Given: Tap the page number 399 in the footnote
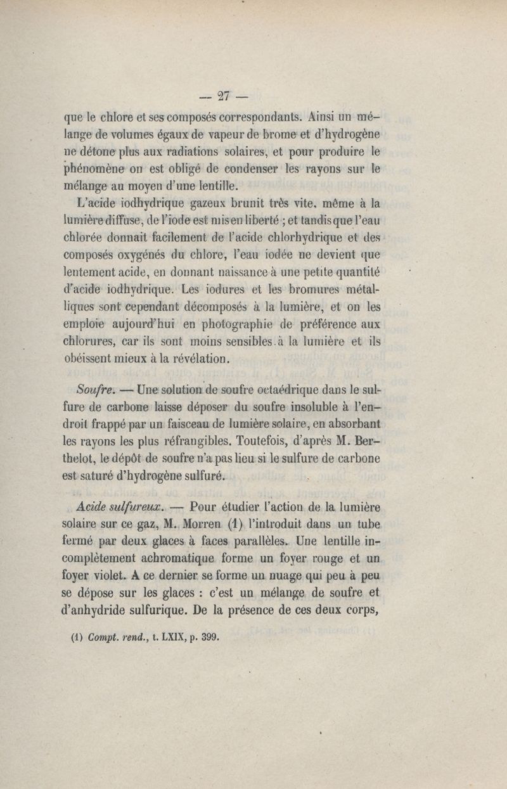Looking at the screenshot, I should pyautogui.click(x=209, y=638).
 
